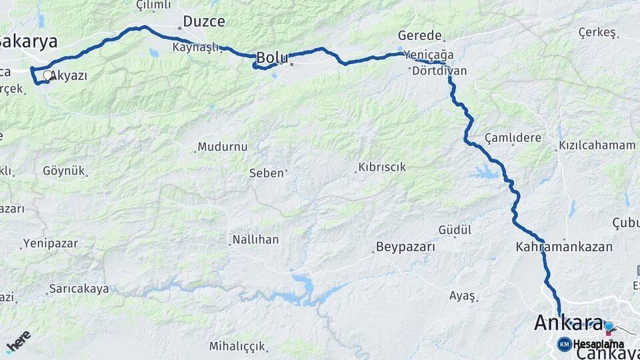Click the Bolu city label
coord(273,58)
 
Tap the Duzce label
coord(203,21)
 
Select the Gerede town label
coord(420,35)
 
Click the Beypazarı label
coord(405,247)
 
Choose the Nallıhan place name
coord(256,239)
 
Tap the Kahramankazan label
coord(564,247)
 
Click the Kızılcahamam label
coord(597,145)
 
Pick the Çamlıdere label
coord(513,137)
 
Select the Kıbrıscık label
coord(382,167)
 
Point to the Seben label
coord(267,173)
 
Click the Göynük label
coord(64,171)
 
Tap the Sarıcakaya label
coord(78,289)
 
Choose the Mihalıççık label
coord(237,346)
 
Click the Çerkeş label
coord(597,32)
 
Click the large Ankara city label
coord(568,323)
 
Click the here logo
coord(18,341)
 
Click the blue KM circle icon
coord(564,344)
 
